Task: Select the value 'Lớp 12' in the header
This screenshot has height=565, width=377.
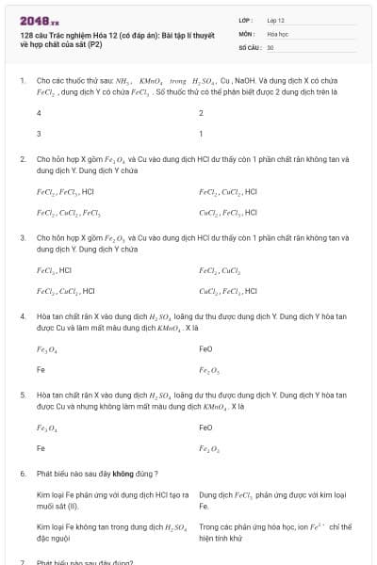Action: (x=276, y=19)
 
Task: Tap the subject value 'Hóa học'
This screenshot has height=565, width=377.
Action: (x=277, y=32)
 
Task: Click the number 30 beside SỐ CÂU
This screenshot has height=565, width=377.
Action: (x=270, y=46)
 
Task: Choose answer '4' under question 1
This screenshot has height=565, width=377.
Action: (x=39, y=112)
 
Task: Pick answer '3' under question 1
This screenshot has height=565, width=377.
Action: (x=39, y=134)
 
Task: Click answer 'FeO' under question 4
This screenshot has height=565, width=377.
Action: (x=206, y=348)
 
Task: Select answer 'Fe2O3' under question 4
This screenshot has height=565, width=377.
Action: (x=209, y=370)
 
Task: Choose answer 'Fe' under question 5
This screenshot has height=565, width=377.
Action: (x=41, y=449)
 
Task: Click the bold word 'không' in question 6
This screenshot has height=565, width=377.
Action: (x=123, y=473)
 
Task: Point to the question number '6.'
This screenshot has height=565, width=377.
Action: (x=23, y=473)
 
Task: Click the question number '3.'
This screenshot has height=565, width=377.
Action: (x=23, y=239)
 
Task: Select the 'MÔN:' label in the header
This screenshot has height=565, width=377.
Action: (x=246, y=32)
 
